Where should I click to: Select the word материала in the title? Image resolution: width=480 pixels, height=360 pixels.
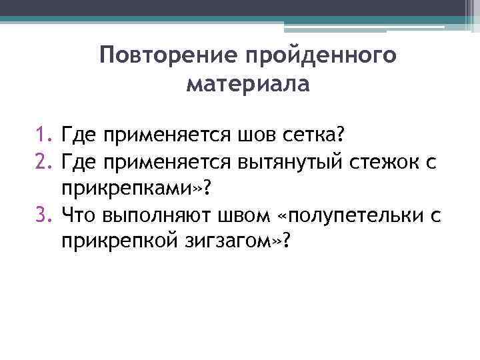click(x=248, y=85)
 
